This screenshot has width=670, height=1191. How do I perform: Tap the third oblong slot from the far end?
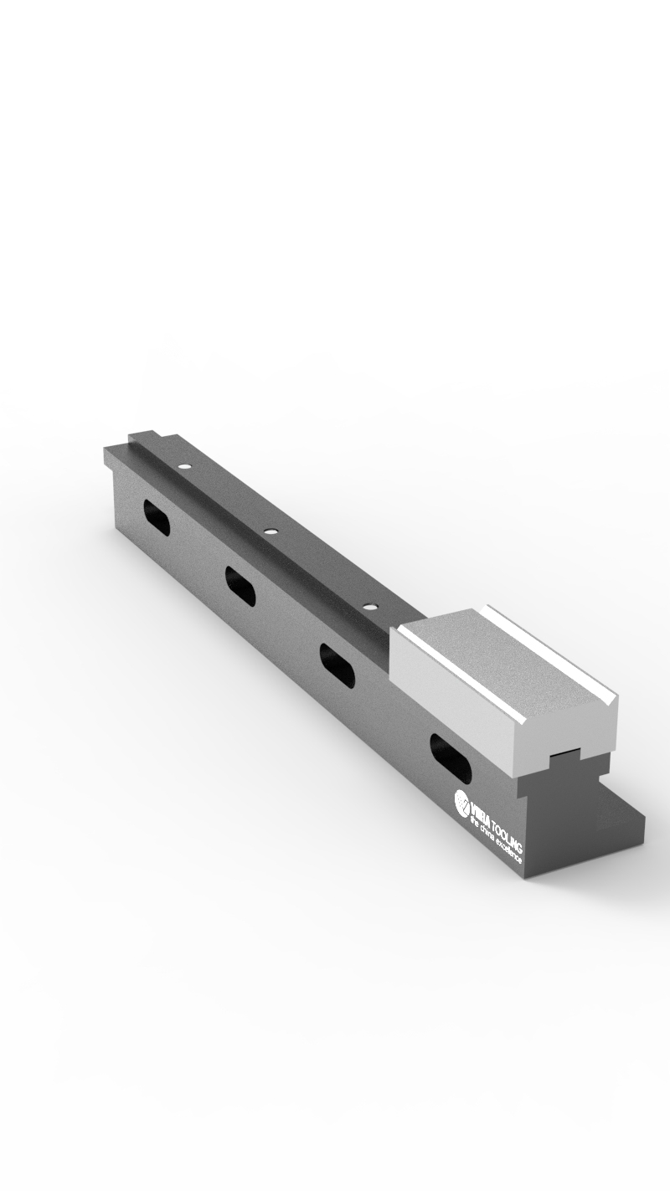pyautogui.click(x=337, y=665)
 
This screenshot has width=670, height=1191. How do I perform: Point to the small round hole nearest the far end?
pyautogui.click(x=185, y=465)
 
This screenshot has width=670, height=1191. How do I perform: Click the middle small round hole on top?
pyautogui.click(x=270, y=531)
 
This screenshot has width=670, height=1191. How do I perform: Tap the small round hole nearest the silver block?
pyautogui.click(x=368, y=603)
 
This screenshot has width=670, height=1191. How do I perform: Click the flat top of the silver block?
pyautogui.click(x=502, y=661)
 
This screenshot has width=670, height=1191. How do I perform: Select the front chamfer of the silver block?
pyautogui.click(x=456, y=678)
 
